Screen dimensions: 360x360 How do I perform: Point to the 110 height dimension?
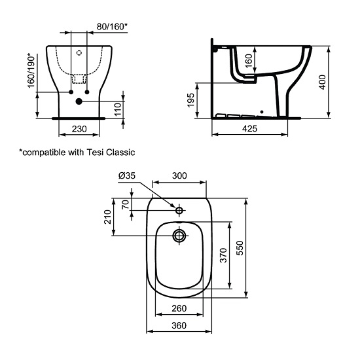(x=118, y=109)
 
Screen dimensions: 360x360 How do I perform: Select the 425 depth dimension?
(x=250, y=130)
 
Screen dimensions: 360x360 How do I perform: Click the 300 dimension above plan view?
(x=179, y=175)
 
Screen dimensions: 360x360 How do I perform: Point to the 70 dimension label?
(x=126, y=204)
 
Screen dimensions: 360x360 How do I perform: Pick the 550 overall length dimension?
(x=240, y=247)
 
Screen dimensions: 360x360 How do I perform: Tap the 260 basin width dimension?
(x=179, y=309)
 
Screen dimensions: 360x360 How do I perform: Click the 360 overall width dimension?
(x=179, y=326)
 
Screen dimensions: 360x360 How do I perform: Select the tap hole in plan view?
(x=179, y=209)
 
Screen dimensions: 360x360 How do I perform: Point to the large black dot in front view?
(x=79, y=101)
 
